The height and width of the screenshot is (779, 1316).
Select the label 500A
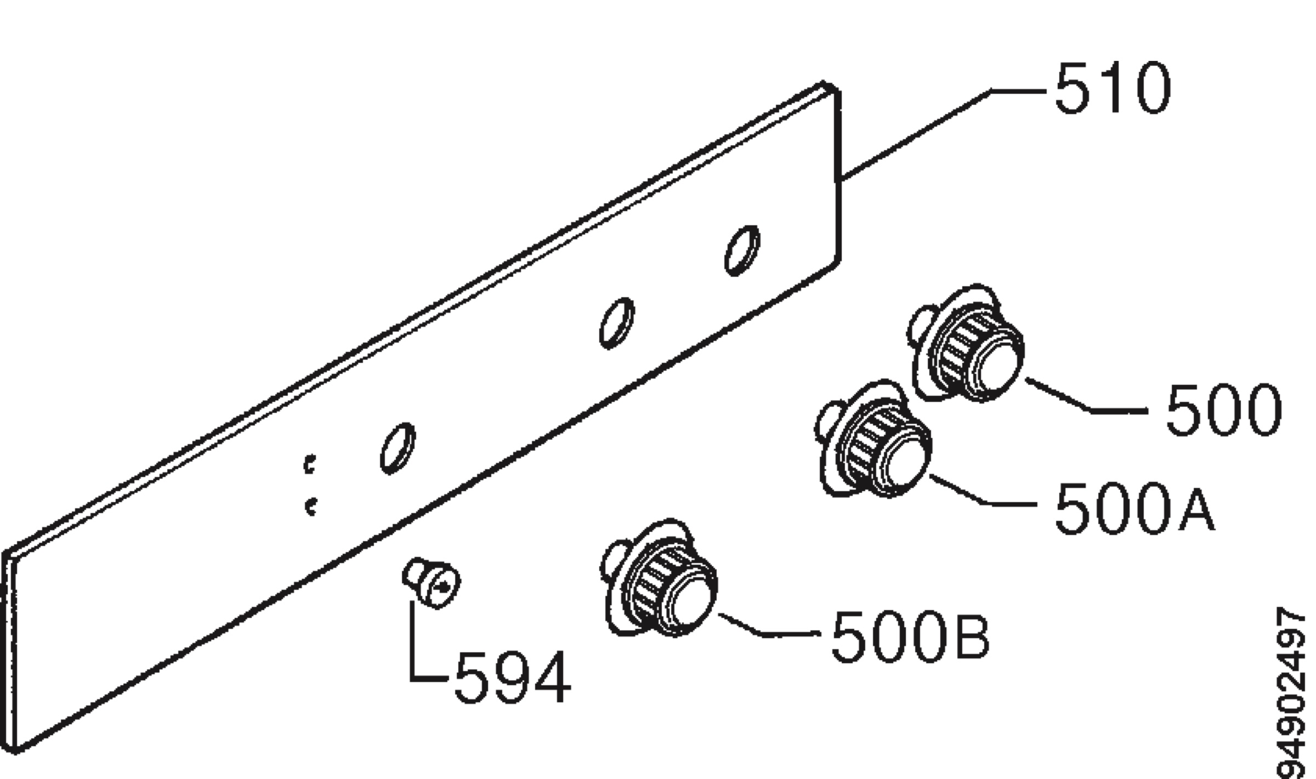coord(1134,508)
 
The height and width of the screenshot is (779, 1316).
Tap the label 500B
coord(911,636)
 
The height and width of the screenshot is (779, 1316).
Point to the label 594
coord(513,678)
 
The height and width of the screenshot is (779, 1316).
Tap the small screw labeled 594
coord(432,583)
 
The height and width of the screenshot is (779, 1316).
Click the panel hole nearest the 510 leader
coord(742,251)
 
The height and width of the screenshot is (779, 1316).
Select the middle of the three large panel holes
coord(617,323)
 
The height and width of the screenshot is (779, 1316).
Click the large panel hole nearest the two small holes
coord(398,448)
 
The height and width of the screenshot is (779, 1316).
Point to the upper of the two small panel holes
coord(310,464)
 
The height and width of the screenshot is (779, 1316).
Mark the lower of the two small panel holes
coord(311,507)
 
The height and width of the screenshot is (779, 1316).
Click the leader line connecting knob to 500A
coord(982,491)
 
